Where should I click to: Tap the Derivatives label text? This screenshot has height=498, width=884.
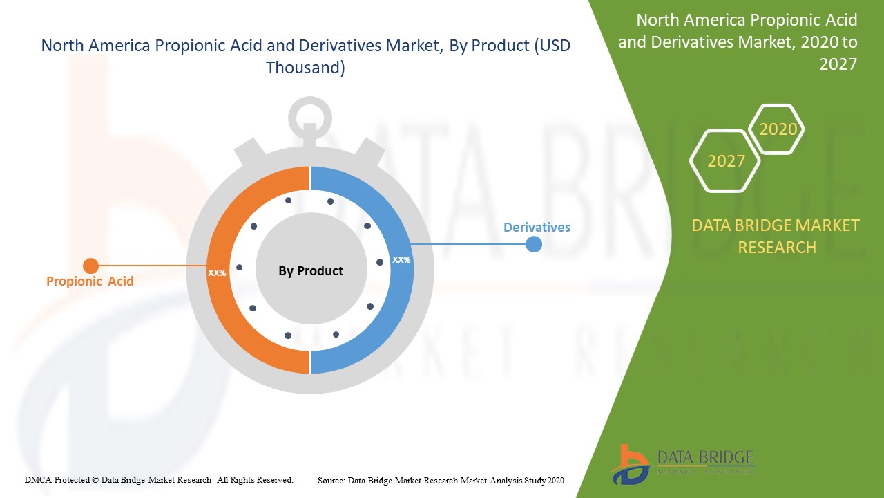click(x=537, y=228)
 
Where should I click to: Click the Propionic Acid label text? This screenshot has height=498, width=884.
click(x=90, y=282)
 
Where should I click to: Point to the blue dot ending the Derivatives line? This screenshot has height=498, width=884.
click(x=534, y=244)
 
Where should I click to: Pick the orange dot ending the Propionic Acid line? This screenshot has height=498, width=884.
click(x=90, y=266)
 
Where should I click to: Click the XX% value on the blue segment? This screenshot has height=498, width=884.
click(x=401, y=259)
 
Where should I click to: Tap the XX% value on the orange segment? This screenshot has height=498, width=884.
click(x=217, y=273)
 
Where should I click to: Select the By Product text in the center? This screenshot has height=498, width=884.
click(x=311, y=270)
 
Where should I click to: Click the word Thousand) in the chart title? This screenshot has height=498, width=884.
click(x=305, y=68)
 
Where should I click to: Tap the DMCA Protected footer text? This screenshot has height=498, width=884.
click(x=159, y=480)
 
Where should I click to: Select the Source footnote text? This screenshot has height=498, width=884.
click(x=441, y=481)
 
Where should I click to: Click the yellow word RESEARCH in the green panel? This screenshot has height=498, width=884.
click(x=777, y=248)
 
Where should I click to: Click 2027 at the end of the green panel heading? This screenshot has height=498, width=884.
click(x=838, y=64)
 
